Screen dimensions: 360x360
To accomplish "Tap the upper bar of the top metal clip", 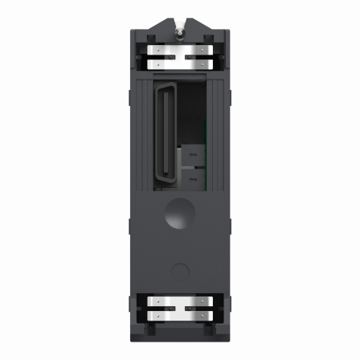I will [180, 50].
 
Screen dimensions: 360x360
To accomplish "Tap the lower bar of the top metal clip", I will [180, 64].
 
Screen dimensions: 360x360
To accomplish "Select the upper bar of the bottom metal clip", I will [180, 301].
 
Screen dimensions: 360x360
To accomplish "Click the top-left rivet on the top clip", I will [158, 49].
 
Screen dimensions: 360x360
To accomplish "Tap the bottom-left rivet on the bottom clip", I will [158, 315].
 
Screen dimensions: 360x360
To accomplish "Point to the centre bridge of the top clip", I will [180, 57].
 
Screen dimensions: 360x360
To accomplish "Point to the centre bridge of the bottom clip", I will [180, 308].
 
